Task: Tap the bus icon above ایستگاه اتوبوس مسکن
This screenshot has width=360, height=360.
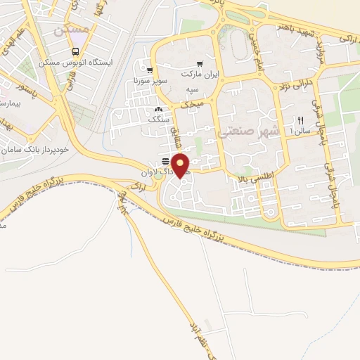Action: (75, 51)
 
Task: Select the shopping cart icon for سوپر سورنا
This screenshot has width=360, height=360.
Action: (150, 70)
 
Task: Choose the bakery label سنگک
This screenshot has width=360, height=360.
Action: (158, 120)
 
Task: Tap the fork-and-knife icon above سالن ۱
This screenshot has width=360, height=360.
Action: (300, 120)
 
